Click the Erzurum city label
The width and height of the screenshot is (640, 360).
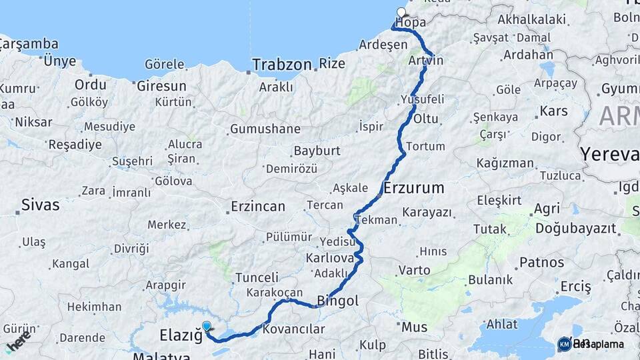tap(413, 188)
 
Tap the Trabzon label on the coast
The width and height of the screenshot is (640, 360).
tap(282, 65)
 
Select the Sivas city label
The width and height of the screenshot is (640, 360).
tap(40, 205)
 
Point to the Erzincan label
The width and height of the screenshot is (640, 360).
tap(258, 207)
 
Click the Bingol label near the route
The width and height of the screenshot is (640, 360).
tap(338, 301)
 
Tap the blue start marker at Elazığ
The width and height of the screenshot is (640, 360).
tap(207, 326)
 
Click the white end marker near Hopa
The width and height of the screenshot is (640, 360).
tap(401, 12)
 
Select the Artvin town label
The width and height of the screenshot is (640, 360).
tap(427, 61)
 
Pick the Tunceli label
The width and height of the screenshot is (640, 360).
tap(257, 277)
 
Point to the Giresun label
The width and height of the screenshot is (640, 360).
tap(161, 86)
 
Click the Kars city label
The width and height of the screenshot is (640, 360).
tap(553, 111)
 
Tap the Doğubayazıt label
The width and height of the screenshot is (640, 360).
tap(575, 228)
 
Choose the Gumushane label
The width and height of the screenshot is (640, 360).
tap(265, 129)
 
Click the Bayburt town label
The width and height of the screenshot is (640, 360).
tap(317, 151)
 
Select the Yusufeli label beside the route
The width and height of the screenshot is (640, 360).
tap(422, 99)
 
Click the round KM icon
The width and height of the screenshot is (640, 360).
tap(564, 344)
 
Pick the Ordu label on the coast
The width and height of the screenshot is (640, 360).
tap(90, 85)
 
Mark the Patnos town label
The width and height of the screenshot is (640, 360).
tap(542, 262)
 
